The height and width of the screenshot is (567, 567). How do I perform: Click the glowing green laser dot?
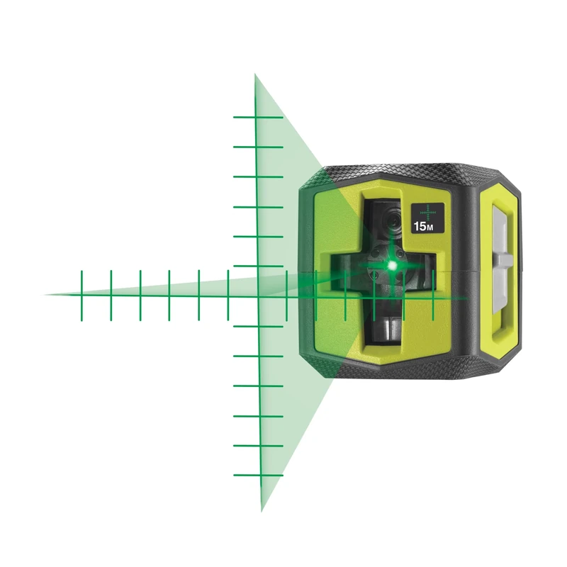click(x=391, y=265)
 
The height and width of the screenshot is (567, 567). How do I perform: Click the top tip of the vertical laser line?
click(x=256, y=74)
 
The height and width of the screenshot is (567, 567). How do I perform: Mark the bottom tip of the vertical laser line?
click(x=261, y=510)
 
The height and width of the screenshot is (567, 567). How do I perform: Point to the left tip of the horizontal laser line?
click(x=45, y=294)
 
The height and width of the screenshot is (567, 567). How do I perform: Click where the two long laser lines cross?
click(x=258, y=295)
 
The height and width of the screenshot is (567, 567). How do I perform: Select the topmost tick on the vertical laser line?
click(x=258, y=118)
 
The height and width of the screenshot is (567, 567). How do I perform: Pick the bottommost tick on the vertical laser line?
click(x=258, y=475)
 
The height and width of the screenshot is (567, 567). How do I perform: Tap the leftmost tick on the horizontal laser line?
click(x=82, y=295)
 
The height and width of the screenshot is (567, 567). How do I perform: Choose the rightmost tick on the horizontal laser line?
click(x=433, y=295)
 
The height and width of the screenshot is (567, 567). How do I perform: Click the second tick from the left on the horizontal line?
click(x=111, y=295)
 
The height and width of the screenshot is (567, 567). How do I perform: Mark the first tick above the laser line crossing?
click(x=258, y=266)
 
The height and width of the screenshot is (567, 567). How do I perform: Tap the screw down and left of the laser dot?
click(x=376, y=280)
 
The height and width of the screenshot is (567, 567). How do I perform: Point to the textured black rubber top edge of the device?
click(x=411, y=172)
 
